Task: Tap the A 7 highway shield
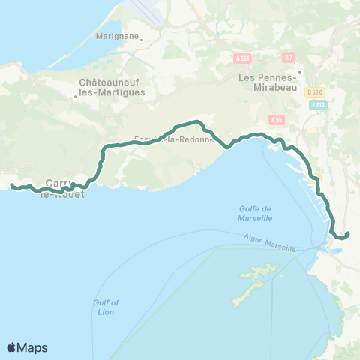(x=288, y=57)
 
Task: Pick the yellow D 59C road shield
(x=315, y=91)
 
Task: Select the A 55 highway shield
(x=276, y=119)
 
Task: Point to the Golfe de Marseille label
(x=251, y=214)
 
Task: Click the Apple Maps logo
(x=27, y=347)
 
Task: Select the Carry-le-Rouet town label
(x=64, y=188)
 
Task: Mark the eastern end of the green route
(x=348, y=234)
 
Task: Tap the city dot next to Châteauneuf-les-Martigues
(x=76, y=95)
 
